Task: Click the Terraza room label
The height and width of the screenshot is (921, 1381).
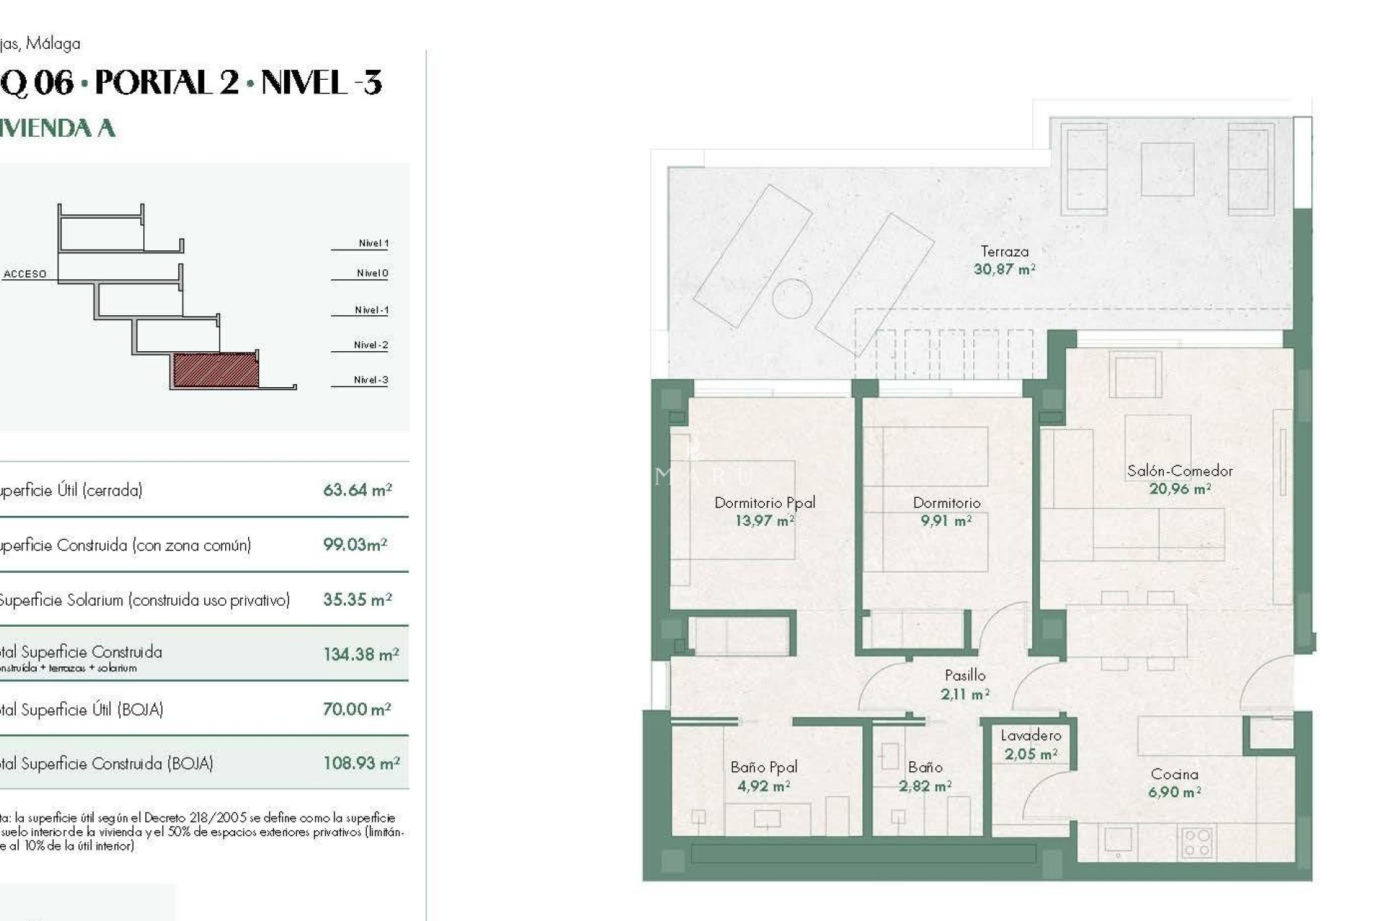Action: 1004,252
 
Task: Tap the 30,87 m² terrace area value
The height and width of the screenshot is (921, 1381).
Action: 1004,270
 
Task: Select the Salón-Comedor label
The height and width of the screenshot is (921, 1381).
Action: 1180,471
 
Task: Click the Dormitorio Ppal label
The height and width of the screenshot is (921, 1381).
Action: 765,503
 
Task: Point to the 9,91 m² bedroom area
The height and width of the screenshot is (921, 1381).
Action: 946,521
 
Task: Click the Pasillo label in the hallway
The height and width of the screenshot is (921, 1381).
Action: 965,676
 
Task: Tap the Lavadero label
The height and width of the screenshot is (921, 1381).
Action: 1031,736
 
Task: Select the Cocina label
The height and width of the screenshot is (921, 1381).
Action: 1174,775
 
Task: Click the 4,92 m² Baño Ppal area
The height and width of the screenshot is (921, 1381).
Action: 763,786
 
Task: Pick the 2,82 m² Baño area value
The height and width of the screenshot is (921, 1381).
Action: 925,786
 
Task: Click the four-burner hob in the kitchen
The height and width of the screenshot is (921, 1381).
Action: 1197,843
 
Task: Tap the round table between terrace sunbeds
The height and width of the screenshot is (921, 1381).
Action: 792,297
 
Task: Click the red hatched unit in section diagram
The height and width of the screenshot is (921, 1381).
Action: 215,370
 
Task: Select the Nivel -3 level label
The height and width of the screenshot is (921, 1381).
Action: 370,380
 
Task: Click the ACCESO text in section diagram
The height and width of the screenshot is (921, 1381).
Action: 25,274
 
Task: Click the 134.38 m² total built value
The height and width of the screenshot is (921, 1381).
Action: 360,655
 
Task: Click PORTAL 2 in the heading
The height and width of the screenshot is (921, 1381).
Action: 167,83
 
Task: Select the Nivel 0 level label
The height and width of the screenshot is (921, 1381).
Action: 372,273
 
